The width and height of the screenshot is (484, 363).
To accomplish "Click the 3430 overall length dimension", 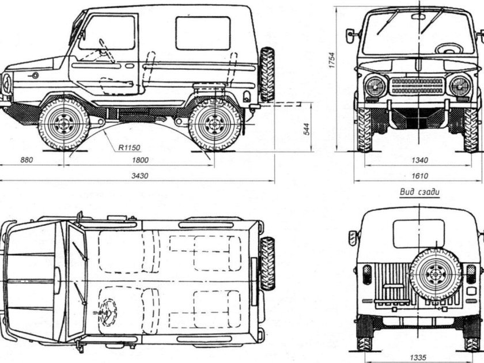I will [x=136, y=176].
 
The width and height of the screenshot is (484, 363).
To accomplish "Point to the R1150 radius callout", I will [x=129, y=148].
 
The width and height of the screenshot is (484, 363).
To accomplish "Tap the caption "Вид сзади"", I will [x=419, y=193].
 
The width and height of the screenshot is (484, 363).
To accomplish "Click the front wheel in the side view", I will [x=63, y=123].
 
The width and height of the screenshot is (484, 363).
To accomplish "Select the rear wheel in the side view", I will [x=215, y=123].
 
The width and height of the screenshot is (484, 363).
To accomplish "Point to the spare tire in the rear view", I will [x=435, y=274].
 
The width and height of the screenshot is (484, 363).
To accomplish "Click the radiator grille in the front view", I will [x=417, y=86].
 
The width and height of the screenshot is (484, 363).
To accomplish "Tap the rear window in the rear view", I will [x=419, y=233].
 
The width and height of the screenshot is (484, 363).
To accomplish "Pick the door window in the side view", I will [x=115, y=33].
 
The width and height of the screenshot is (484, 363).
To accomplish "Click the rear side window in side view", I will [x=203, y=33].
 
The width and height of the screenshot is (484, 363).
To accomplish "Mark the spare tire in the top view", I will [x=267, y=263].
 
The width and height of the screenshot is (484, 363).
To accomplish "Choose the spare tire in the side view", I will [x=267, y=74].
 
